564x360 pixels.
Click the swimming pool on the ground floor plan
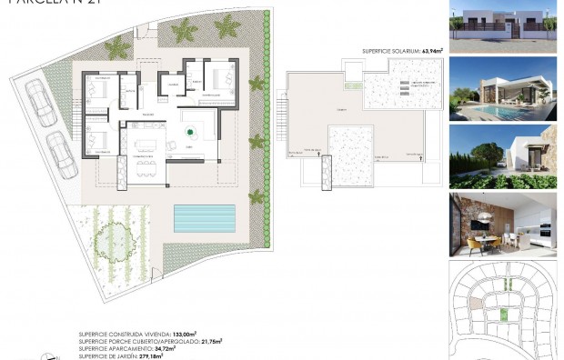tap(205, 217)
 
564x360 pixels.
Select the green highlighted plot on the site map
tap(503, 315)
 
